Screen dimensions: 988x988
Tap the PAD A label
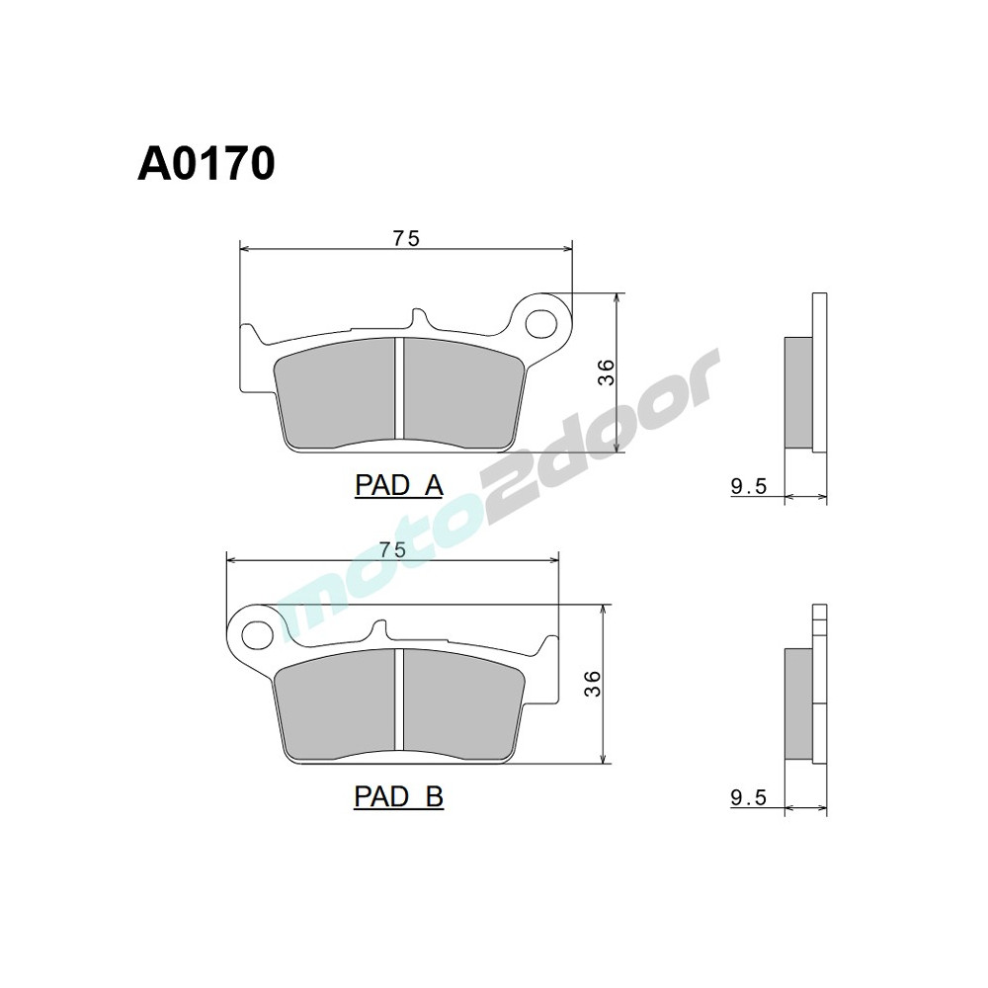pyautogui.click(x=398, y=485)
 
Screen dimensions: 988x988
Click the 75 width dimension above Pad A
pyautogui.click(x=407, y=237)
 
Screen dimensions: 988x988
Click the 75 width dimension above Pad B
pyautogui.click(x=393, y=550)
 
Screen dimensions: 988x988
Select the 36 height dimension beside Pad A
pyautogui.click(x=607, y=371)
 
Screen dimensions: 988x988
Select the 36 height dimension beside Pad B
pyautogui.click(x=592, y=684)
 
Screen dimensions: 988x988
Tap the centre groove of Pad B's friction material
pyautogui.click(x=399, y=699)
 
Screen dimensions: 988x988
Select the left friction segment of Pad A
pyautogui.click(x=335, y=392)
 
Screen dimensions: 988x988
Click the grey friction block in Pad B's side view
pyautogui.click(x=797, y=703)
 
